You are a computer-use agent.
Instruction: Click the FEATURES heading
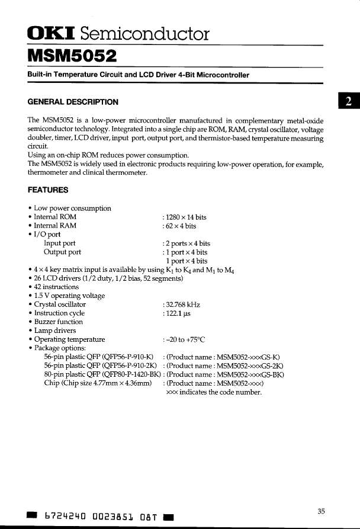[x=48, y=190]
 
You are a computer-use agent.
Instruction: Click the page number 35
[x=321, y=512]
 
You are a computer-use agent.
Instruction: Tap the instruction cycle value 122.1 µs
[x=180, y=313]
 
